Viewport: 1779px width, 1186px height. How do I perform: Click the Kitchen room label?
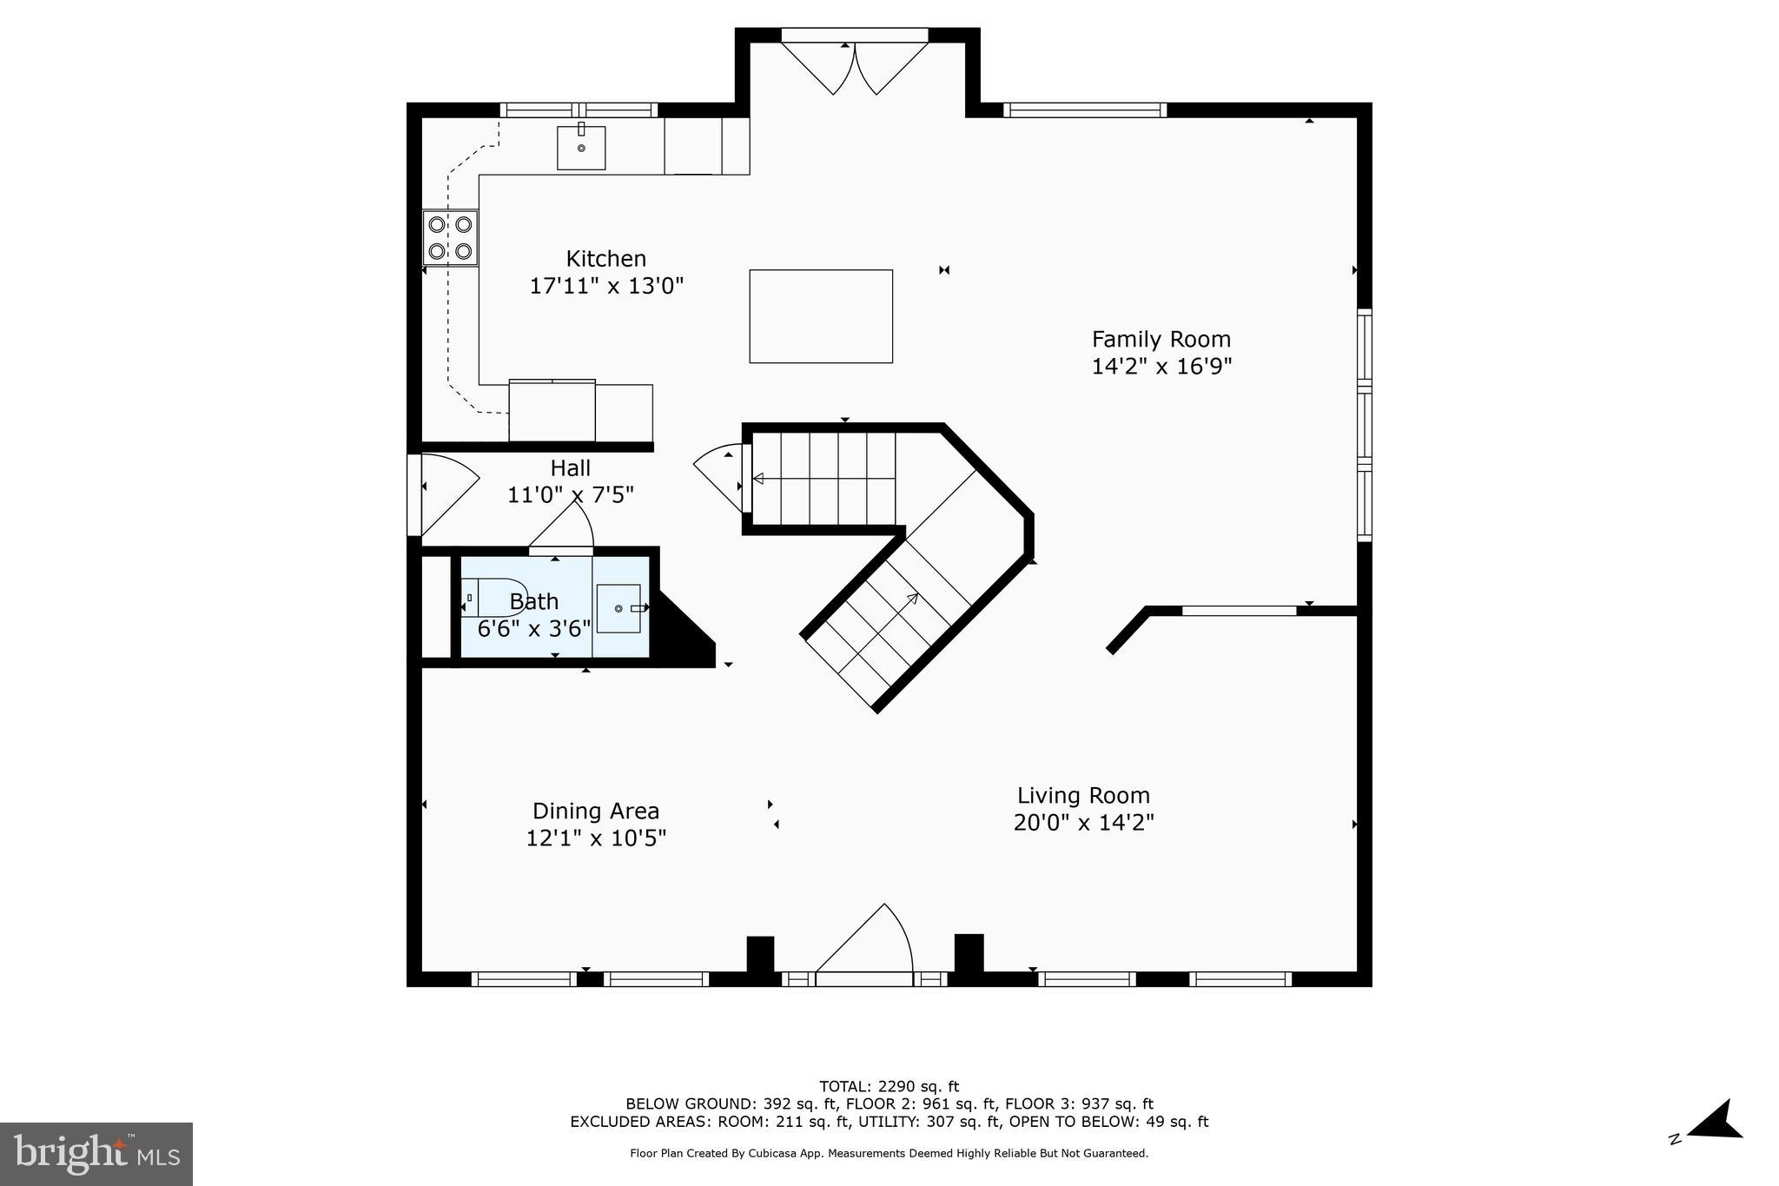605,259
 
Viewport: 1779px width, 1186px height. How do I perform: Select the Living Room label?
1083,795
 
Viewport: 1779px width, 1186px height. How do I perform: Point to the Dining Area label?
596,811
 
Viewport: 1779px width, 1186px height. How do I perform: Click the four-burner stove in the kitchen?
450,238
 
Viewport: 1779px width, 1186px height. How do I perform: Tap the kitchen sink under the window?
581,148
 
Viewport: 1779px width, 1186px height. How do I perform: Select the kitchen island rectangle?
821,316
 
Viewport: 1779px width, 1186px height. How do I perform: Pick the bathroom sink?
618,608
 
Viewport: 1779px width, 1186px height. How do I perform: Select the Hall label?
570,468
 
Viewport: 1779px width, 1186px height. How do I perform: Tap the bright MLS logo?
96,1154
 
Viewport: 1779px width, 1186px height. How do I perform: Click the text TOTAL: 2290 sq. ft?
889,1086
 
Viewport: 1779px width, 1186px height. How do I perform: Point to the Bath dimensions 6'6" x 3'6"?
534,628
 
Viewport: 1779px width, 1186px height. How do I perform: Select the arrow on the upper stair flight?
757,478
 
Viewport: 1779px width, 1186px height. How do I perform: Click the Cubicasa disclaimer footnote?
889,1154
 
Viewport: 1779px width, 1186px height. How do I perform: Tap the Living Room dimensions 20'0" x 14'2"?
1083,822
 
